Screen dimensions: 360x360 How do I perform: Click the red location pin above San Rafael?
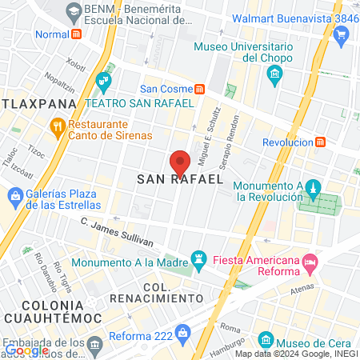(181, 161)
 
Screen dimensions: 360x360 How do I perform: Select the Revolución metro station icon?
(320, 142)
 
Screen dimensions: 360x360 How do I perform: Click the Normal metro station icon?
(77, 34)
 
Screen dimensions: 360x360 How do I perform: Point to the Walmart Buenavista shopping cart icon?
(342, 34)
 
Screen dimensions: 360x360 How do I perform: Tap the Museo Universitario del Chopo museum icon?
(276, 76)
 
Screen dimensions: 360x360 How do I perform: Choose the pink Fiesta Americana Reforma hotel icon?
(309, 261)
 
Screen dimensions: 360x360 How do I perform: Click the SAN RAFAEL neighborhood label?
(179, 180)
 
